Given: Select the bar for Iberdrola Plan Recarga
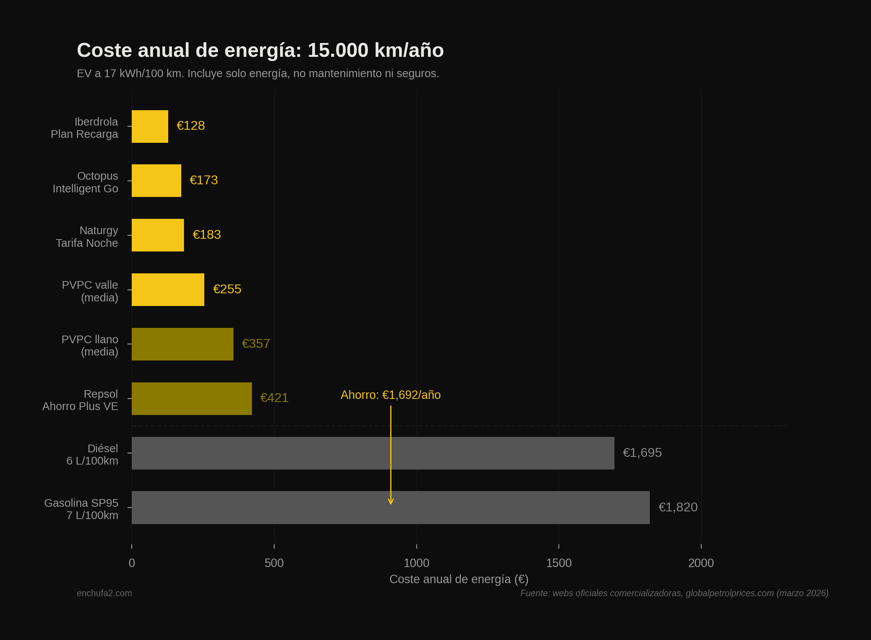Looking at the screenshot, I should click(150, 126).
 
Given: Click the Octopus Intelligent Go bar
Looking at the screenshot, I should click(156, 180).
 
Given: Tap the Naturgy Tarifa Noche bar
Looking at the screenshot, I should click(158, 235).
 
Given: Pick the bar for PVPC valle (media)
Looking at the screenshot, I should click(168, 290).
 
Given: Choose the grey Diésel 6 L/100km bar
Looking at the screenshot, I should click(373, 453).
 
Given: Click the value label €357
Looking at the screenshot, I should click(256, 344).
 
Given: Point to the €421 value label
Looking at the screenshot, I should click(274, 398).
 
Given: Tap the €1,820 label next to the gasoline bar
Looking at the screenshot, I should click(678, 507).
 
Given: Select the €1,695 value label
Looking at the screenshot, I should click(642, 453).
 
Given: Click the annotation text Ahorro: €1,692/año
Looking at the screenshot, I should click(391, 395).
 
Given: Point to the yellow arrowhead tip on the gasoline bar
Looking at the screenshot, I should click(391, 504).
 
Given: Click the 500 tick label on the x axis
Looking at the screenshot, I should click(274, 563).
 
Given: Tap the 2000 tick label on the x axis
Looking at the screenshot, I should click(701, 563).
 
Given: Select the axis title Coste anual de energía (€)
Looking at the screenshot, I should click(459, 579).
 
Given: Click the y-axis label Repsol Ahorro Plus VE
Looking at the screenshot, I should click(81, 400).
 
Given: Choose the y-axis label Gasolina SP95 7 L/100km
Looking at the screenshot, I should click(81, 509).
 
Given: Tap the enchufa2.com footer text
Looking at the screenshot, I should click(104, 593).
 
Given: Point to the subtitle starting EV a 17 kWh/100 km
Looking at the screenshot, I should click(258, 73).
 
